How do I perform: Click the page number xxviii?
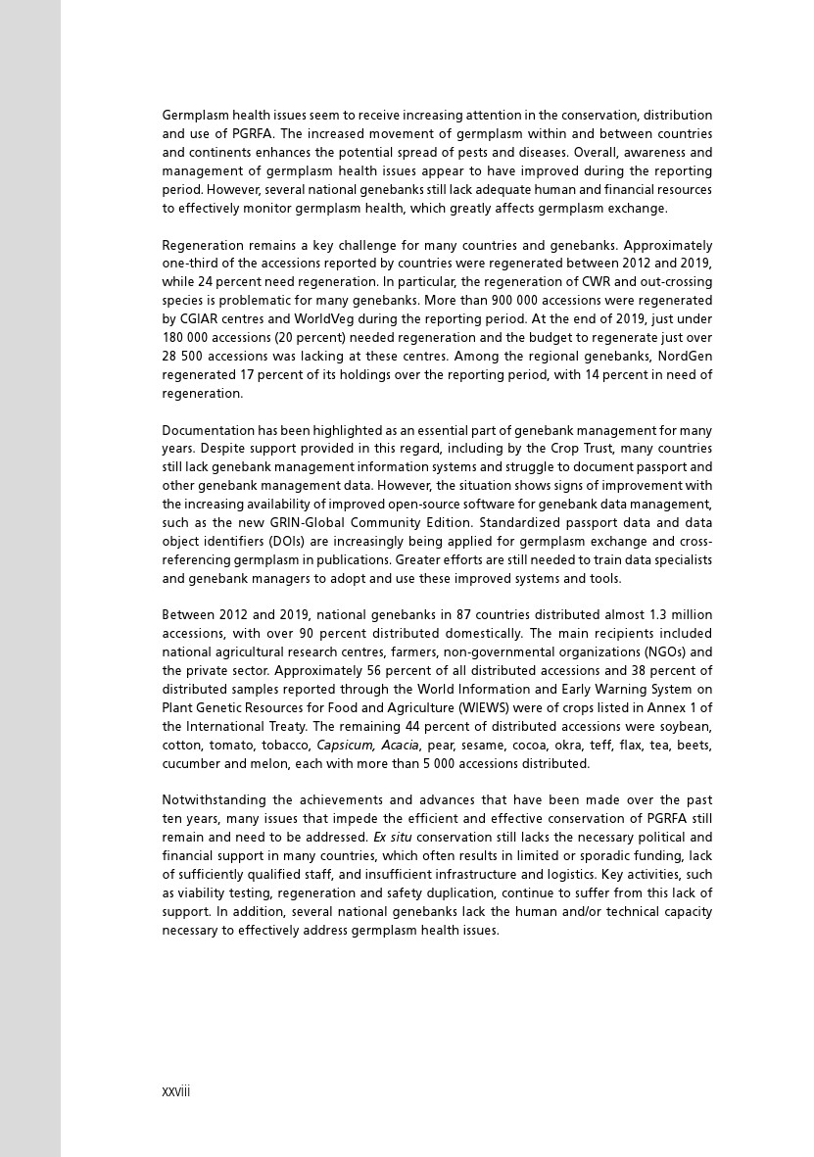(x=176, y=1091)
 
